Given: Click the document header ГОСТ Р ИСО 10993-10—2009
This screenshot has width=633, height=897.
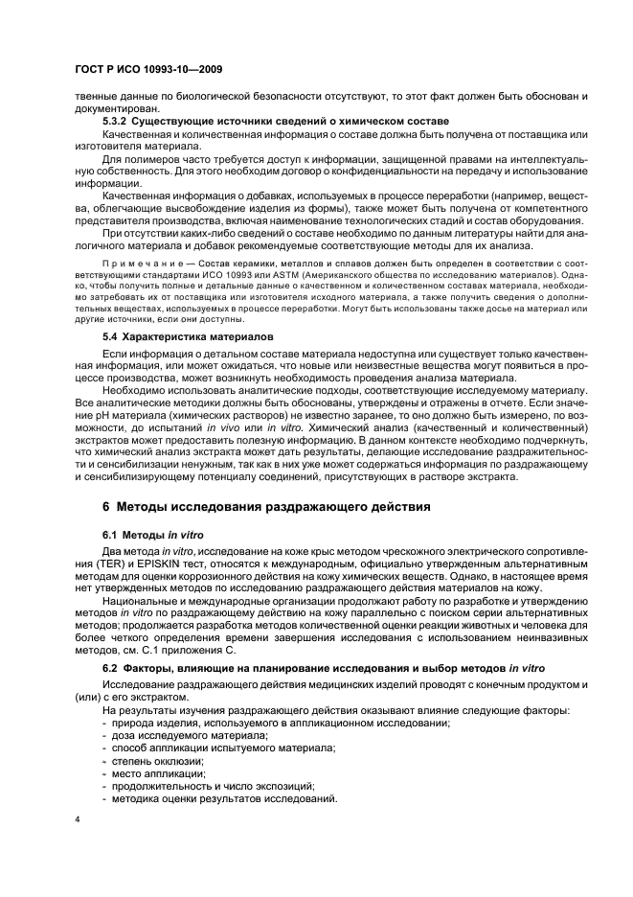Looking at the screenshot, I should click(x=137, y=72).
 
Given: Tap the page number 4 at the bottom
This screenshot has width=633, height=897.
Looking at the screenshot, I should click(x=78, y=819).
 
